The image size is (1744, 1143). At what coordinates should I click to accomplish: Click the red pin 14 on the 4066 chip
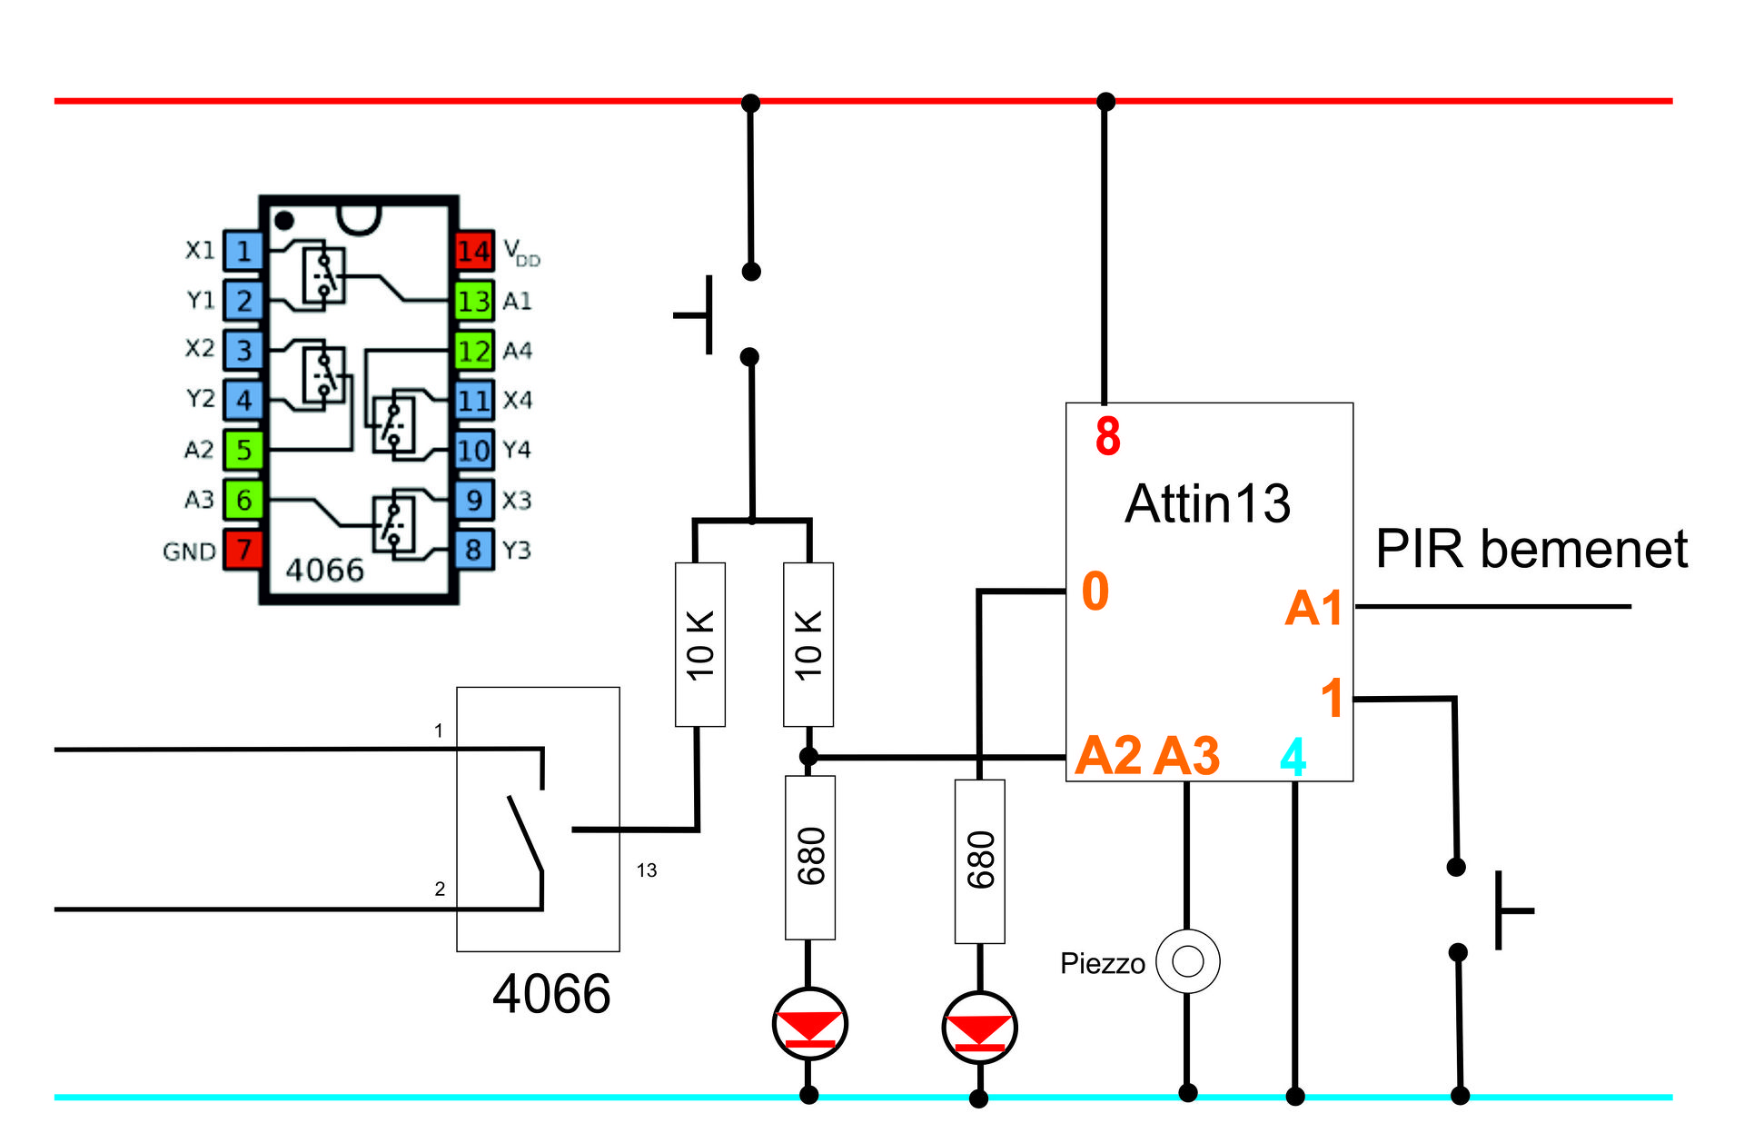474,251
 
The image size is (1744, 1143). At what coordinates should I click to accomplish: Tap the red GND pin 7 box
243,550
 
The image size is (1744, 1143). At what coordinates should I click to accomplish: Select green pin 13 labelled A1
474,301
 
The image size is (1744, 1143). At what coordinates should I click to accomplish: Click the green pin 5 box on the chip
243,450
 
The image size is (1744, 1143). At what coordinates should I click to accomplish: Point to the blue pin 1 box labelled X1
243,251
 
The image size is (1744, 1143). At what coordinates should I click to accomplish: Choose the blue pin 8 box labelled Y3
474,550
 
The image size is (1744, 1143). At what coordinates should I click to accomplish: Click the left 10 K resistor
699,644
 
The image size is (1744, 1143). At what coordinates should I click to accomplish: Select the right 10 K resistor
808,644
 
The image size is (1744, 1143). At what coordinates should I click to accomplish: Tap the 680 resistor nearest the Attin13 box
979,860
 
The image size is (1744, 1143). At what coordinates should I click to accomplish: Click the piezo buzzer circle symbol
1187,960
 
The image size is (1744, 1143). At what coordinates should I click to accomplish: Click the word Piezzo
1102,963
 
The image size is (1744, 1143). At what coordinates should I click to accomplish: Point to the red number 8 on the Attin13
1107,436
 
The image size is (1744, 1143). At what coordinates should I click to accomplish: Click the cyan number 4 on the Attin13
1293,757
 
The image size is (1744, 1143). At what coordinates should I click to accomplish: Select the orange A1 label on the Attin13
1313,608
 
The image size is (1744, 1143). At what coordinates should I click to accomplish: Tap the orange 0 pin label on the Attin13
1095,591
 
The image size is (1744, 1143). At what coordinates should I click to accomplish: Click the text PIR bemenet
1531,549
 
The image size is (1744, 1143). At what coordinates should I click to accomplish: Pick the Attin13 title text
1207,503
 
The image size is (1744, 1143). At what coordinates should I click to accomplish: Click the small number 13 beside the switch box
646,870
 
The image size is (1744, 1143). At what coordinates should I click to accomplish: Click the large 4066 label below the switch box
551,993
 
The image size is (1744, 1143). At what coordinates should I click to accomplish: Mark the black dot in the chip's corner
284,220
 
